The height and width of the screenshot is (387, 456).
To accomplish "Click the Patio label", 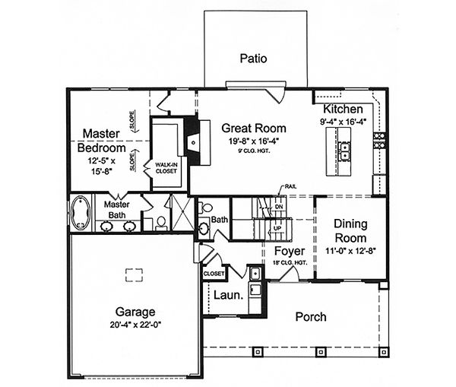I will [x=254, y=58].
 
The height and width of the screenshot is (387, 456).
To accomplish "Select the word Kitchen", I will [x=343, y=109].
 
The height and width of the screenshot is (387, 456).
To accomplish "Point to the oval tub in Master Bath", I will [x=80, y=214].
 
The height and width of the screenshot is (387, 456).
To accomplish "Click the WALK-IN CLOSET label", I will [x=166, y=167].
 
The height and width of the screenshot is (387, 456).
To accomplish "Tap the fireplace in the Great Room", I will [x=193, y=141].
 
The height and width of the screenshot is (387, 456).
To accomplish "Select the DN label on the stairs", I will [x=279, y=206].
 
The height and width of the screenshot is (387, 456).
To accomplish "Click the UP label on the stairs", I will [x=278, y=227].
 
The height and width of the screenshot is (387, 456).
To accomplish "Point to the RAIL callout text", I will [x=290, y=186].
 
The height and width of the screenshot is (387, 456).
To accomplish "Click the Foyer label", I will [x=290, y=250].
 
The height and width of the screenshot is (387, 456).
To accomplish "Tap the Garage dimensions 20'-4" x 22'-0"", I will [x=135, y=325].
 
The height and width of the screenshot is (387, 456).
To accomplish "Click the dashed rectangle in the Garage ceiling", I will [x=135, y=274].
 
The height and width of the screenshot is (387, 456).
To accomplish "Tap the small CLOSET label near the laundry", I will [x=214, y=273].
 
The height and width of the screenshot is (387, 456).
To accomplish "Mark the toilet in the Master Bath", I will [x=161, y=221].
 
